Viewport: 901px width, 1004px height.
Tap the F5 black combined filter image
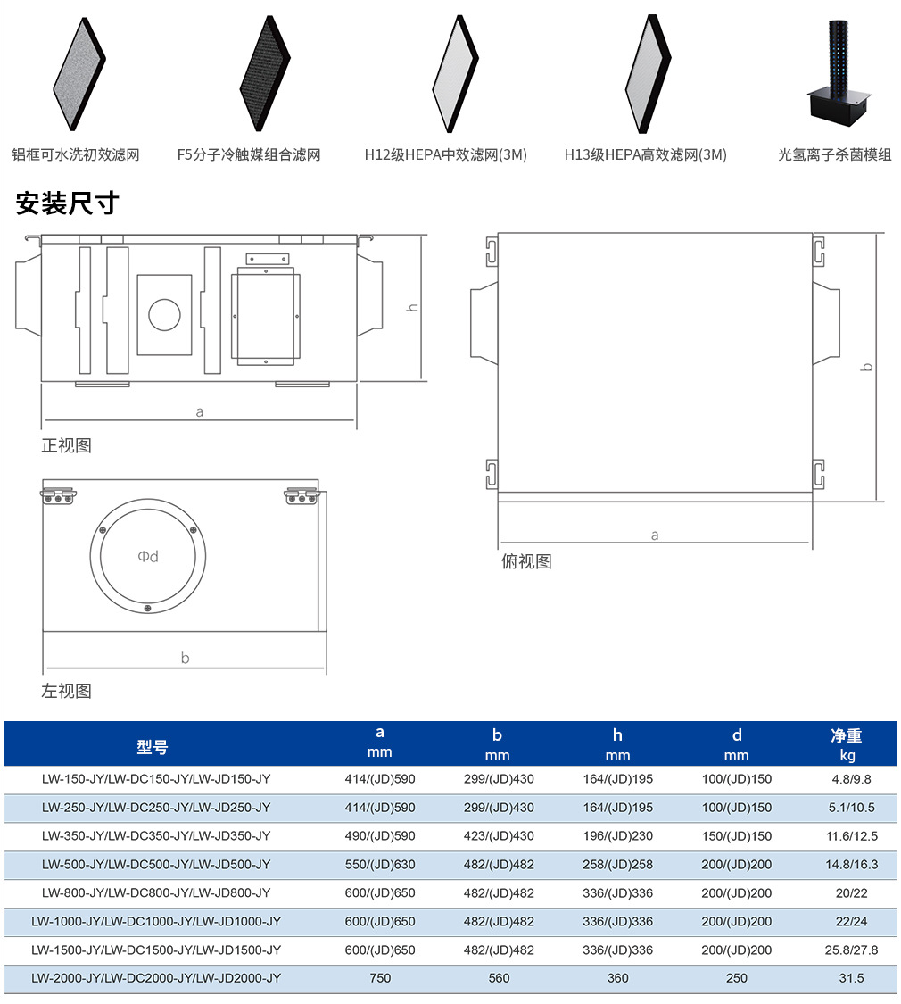[x=265, y=74]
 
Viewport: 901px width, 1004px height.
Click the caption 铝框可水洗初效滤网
[x=76, y=155]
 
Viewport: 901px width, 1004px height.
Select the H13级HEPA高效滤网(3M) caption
[x=645, y=155]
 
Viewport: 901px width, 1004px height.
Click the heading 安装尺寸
[x=67, y=203]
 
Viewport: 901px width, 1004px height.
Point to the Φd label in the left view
[x=148, y=556]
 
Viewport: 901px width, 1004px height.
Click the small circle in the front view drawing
[x=164, y=314]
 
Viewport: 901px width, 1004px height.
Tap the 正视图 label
[x=66, y=445]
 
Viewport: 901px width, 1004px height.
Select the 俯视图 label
[x=526, y=561]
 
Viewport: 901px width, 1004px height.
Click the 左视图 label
[x=66, y=691]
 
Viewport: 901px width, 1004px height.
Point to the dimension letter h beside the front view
[x=413, y=307]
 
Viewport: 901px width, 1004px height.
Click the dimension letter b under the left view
[x=185, y=658]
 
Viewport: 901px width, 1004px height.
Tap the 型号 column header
[x=153, y=747]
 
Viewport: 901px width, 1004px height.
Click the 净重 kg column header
[x=847, y=744]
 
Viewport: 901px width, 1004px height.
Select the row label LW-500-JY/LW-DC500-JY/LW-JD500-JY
[x=156, y=865]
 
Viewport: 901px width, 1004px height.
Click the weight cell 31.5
[x=851, y=978]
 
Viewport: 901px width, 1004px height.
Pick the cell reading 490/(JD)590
[x=380, y=836]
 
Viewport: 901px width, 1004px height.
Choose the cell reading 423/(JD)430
[x=500, y=836]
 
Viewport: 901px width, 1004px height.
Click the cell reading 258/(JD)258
[x=617, y=865]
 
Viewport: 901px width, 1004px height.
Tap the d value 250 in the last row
[x=737, y=978]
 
